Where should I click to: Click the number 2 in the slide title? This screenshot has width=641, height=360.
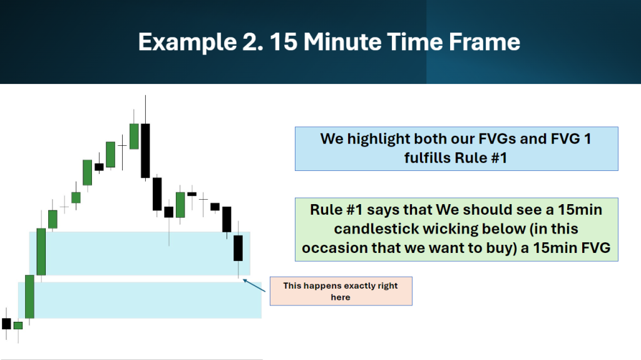[252, 42]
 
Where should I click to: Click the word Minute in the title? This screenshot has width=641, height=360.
[342, 42]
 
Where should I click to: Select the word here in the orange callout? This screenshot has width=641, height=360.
[341, 297]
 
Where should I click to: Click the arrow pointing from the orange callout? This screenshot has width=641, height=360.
[254, 285]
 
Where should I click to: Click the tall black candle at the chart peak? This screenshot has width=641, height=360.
[145, 150]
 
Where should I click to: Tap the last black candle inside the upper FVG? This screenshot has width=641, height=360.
[238, 248]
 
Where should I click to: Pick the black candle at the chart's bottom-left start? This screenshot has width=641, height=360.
[6, 324]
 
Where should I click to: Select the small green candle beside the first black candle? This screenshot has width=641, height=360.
[18, 326]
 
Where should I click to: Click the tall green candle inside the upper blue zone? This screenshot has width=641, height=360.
[41, 252]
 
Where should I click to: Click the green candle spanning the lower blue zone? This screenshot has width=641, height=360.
[29, 297]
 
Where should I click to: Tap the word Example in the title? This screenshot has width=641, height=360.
[187, 42]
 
